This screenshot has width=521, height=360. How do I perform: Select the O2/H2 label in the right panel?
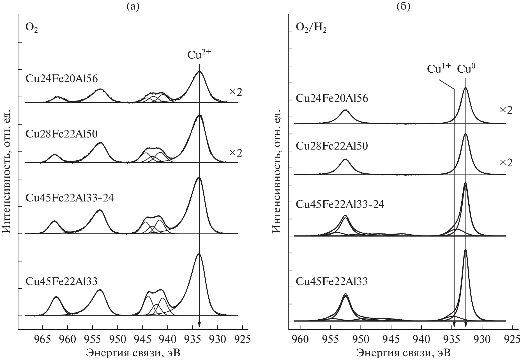point(311,29)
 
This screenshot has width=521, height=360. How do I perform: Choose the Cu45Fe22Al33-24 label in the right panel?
point(340,204)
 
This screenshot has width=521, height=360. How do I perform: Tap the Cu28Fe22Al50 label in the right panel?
point(332,146)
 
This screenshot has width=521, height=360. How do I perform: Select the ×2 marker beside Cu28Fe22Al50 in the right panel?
point(506,163)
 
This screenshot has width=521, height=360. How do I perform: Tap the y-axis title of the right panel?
point(276,180)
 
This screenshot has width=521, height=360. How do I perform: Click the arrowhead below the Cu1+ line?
point(454,325)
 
